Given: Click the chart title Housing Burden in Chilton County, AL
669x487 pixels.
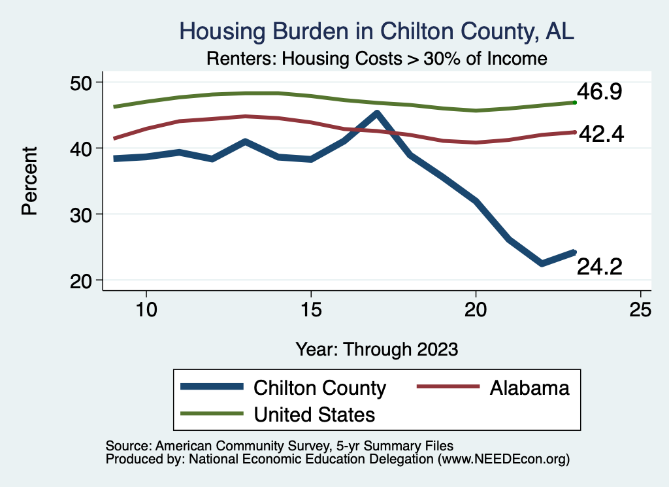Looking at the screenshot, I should tap(376, 31).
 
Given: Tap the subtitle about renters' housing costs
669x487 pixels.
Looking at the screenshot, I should tap(376, 58).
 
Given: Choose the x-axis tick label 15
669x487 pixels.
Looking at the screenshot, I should tap(311, 309).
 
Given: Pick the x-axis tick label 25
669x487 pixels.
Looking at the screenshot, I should tap(641, 309).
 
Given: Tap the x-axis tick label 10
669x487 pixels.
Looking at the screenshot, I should tap(146, 309).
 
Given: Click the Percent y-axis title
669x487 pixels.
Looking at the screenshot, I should tap(29, 181).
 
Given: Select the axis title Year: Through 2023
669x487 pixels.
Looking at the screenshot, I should tap(376, 348).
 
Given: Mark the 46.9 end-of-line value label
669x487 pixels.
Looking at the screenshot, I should tap(598, 92).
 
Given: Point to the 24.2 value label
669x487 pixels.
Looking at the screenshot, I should tap(598, 267).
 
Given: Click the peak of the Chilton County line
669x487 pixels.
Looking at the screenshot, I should tap(377, 114).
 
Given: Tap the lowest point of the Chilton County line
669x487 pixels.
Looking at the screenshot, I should tap(542, 263).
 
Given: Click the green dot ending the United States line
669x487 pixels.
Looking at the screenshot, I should tap(574, 103).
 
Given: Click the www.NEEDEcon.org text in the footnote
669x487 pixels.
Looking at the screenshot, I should tap(502, 460).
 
